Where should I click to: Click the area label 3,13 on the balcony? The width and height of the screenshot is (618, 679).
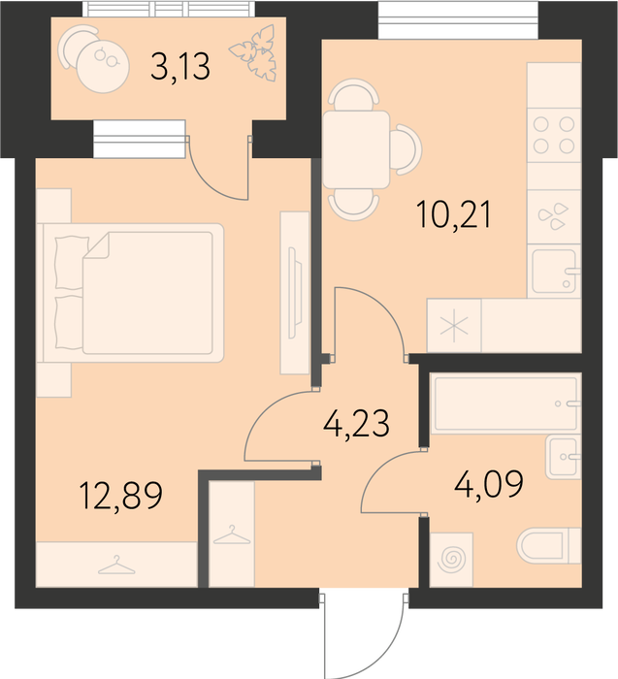180,66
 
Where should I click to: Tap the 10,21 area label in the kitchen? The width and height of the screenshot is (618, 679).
454,215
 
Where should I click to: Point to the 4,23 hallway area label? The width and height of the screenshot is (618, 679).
356,423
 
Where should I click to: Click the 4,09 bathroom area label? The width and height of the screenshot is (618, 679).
489,484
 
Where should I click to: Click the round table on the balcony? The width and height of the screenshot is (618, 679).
103,66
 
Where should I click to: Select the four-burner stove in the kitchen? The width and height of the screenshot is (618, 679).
554,135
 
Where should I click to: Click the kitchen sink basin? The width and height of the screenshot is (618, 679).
554,271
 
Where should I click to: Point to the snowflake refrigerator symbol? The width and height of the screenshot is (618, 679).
454,326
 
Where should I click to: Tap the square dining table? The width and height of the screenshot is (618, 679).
356,149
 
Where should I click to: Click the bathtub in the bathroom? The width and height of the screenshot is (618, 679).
505,404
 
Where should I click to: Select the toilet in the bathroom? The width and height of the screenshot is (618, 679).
548,545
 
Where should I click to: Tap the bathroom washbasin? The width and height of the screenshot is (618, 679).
563,457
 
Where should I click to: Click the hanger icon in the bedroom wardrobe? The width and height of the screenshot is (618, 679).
116,566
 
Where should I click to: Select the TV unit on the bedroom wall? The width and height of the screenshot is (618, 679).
295,293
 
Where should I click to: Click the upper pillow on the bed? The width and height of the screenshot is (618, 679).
72,263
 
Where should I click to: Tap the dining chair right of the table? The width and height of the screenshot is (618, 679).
406,149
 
